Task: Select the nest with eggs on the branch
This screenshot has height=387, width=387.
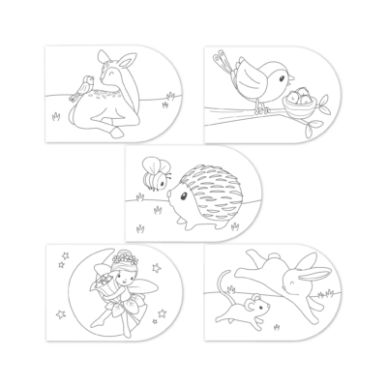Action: tap(301, 100)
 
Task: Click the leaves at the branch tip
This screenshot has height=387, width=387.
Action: tap(329, 99)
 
